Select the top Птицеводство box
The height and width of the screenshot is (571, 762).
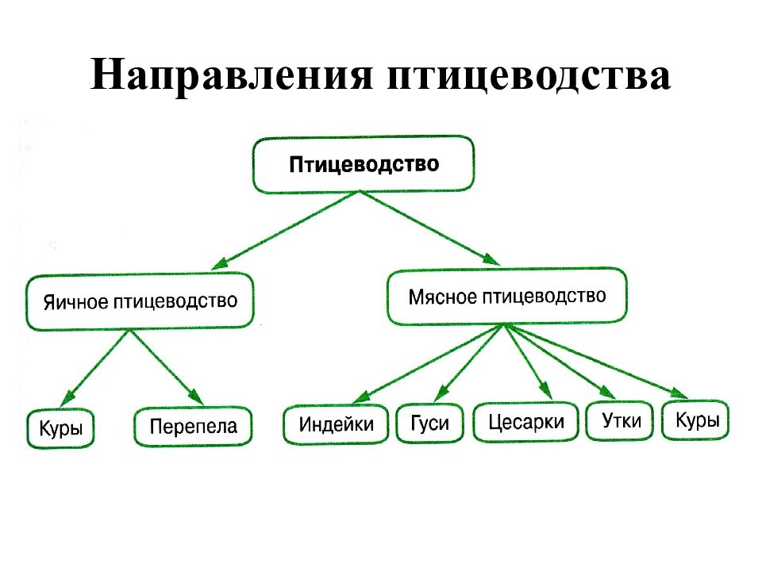point(363,165)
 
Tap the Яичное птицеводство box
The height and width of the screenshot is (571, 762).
point(140,301)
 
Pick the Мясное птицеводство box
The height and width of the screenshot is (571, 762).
point(507,296)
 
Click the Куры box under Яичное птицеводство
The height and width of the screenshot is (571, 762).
point(60,428)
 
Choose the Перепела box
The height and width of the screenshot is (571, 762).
point(193,427)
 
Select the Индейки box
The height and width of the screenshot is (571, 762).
point(336,423)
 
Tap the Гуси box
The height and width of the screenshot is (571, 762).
point(430,423)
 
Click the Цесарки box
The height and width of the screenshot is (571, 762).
point(525,421)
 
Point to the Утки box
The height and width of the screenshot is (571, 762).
point(620,420)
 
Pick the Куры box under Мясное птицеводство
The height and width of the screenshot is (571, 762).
point(696,420)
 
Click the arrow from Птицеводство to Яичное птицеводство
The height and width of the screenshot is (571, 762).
point(285,230)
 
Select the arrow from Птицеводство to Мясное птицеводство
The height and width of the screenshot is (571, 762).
point(429,228)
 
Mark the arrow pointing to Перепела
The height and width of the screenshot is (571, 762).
point(166,367)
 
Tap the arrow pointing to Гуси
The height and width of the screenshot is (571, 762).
point(470,362)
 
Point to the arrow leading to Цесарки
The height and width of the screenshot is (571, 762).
point(529,362)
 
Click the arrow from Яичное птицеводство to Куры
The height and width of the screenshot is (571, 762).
point(94,369)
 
